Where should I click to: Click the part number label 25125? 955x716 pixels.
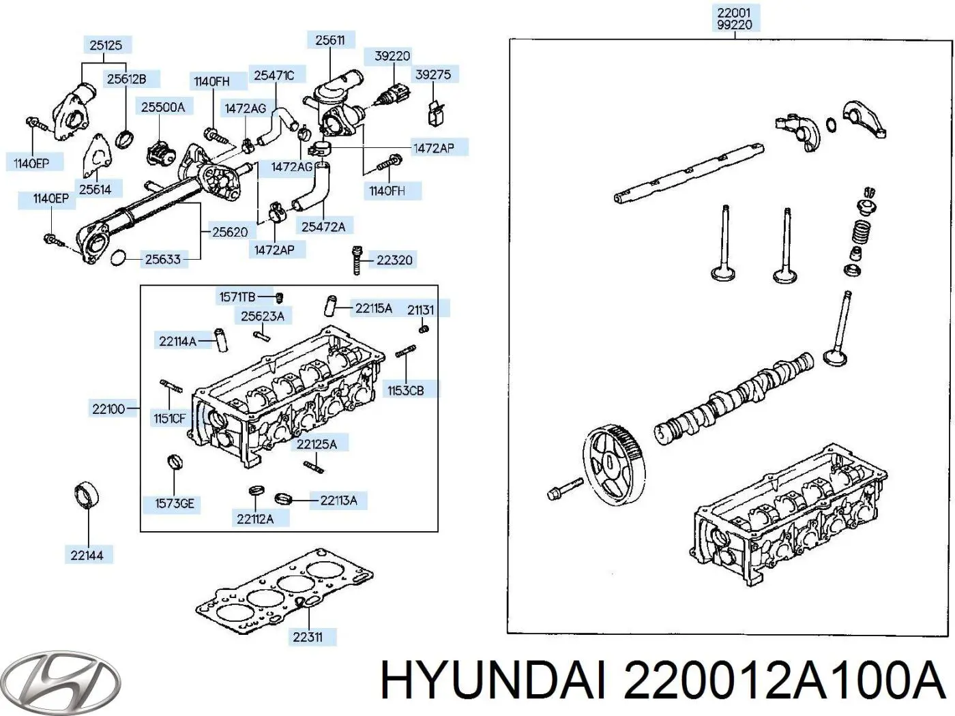[106, 45]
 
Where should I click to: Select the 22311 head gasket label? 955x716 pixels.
[307, 637]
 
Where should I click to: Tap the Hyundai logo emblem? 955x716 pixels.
[60, 680]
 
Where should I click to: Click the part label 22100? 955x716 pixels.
[108, 409]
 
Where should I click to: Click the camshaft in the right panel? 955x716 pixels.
[737, 398]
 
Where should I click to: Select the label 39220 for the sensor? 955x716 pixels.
[392, 56]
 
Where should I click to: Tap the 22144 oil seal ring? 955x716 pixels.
[87, 495]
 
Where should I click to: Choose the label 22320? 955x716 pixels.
[394, 260]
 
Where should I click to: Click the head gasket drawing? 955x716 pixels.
[285, 590]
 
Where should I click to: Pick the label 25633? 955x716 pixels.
[163, 259]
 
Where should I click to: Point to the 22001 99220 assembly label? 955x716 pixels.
[734, 18]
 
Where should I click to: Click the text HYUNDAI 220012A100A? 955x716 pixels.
[662, 681]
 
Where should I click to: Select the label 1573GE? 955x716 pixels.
[175, 503]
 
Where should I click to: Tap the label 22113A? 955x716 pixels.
[338, 501]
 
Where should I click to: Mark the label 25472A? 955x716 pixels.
[323, 226]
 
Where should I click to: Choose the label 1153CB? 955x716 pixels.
[405, 390]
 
